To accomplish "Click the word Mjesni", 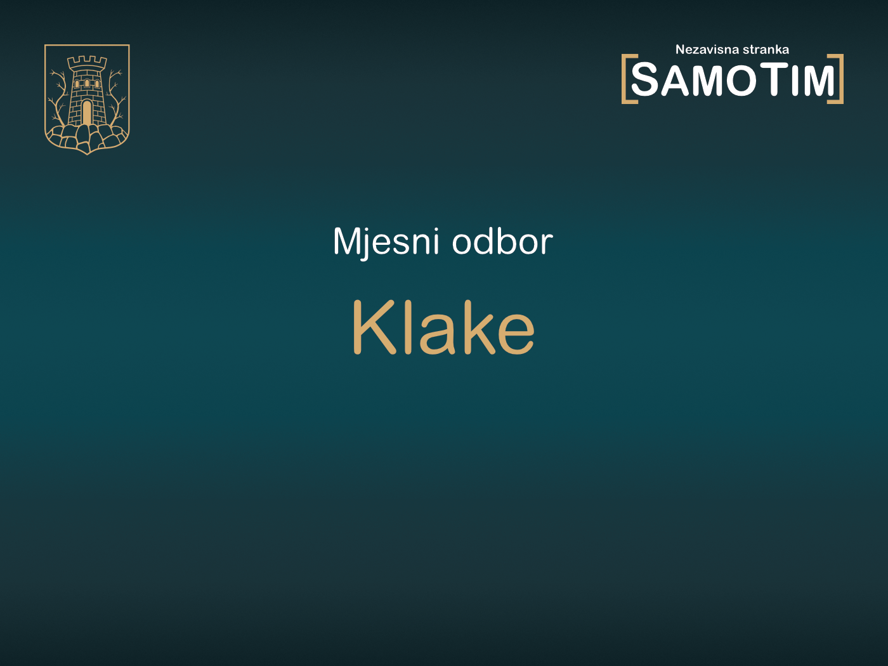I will click(386, 242).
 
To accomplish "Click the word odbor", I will click(502, 242).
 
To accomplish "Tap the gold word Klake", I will click(443, 327).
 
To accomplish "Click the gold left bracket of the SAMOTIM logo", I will click(626, 79).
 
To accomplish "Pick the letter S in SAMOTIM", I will click(646, 81).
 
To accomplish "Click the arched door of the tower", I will click(87, 113).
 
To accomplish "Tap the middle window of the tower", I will click(87, 83).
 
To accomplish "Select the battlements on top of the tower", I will click(87, 62).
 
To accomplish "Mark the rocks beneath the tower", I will click(87, 137).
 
